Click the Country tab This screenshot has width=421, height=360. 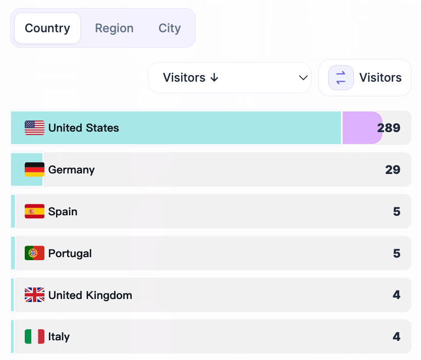(47, 28)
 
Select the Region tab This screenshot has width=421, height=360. (114, 28)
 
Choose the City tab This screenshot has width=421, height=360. (170, 28)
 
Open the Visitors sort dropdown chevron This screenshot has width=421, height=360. (303, 78)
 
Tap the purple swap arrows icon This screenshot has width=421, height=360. (341, 78)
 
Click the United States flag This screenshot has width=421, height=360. (34, 128)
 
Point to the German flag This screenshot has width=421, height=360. (34, 170)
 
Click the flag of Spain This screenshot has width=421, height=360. (34, 212)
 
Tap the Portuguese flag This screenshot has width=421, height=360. (34, 253)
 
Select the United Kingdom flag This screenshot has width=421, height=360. (34, 295)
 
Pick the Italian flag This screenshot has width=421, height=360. (34, 337)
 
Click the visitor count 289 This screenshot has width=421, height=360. (389, 128)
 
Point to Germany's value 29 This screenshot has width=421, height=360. (393, 170)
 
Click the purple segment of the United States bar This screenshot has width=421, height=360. (359, 128)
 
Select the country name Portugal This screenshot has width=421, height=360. (70, 253)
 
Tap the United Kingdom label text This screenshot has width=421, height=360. (90, 295)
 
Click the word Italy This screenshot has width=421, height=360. (59, 337)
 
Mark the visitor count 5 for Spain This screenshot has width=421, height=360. (397, 212)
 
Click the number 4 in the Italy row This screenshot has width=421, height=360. (397, 337)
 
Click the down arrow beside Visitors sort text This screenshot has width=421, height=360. (214, 78)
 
